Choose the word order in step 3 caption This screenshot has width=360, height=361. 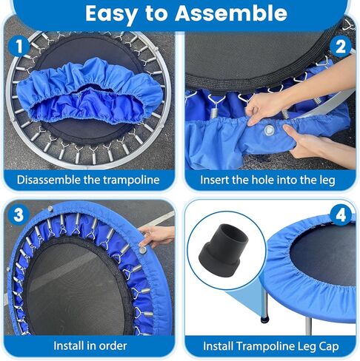point(112,345)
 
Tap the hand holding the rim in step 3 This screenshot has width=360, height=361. point(155,236)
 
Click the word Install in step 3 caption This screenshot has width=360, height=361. point(71,345)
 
